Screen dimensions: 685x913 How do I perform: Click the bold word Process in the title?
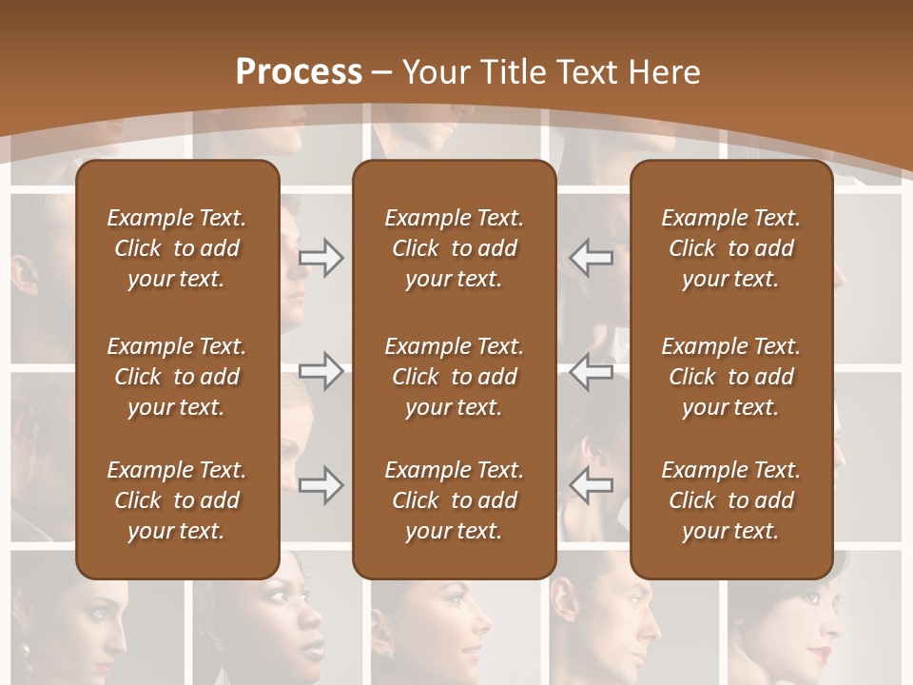[299, 72]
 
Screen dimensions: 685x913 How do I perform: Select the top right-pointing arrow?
[321, 258]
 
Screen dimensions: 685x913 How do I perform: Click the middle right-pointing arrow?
[321, 371]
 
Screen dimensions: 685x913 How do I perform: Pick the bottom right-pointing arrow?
[321, 485]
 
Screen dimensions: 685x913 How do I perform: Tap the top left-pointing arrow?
[591, 258]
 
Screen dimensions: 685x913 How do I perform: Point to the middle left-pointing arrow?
[591, 371]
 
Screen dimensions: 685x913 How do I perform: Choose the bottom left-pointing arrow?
[591, 485]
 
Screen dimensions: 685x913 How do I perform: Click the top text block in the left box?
[177, 248]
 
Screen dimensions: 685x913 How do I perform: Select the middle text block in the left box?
[177, 377]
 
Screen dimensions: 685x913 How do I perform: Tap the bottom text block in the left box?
[177, 500]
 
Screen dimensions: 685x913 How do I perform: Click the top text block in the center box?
[454, 248]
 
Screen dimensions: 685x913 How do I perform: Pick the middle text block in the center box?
[454, 377]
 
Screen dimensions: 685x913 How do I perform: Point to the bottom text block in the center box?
[454, 500]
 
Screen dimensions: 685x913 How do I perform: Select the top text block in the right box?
[730, 248]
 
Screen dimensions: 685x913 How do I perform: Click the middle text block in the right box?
[730, 377]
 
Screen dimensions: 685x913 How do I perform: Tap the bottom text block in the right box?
[730, 500]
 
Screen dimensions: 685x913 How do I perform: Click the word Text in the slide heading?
[584, 72]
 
